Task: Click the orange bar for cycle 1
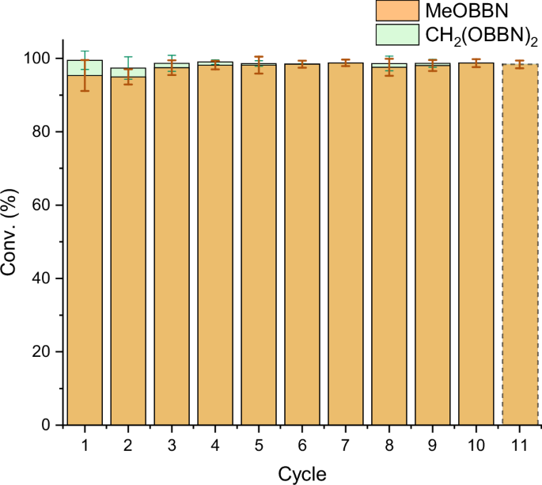click(85, 253)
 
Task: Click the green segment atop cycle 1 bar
click(85, 67)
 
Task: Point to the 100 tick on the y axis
click(47, 59)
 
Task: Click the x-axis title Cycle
click(301, 473)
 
